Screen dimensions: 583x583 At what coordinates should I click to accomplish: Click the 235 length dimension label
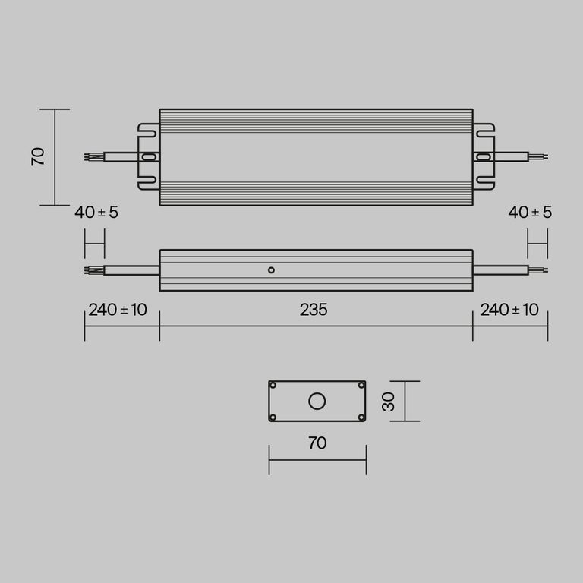pos(314,310)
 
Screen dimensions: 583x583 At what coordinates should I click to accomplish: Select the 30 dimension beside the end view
pos(389,401)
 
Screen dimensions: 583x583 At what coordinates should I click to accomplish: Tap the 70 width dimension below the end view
pos(317,443)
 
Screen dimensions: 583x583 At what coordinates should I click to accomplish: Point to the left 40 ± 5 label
pos(96,213)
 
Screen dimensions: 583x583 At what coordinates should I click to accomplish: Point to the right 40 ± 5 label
pos(530,213)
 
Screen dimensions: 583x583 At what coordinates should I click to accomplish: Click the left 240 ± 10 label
pos(118,310)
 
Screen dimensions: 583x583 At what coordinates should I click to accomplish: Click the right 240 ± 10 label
pos(509,310)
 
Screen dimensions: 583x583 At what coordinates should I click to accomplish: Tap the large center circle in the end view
pos(317,401)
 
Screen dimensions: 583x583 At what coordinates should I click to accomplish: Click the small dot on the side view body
pos(271,269)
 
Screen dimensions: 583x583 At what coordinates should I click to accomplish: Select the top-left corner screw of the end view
pos(273,386)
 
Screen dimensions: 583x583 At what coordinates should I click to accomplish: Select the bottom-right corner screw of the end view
pos(361,416)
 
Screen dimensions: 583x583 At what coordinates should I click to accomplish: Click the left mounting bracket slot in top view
pos(149,157)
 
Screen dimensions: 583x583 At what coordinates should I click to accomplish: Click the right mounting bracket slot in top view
pos(483,157)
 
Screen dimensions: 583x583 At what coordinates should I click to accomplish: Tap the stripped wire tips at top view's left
pos(93,157)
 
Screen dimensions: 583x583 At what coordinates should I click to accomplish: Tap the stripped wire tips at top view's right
pos(537,157)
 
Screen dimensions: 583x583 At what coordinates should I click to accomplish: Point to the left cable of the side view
pos(131,269)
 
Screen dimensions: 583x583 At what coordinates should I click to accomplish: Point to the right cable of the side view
pos(500,269)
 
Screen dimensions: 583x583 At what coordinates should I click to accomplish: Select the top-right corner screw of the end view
pos(361,386)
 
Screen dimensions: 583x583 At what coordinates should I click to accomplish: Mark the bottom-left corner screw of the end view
pos(273,416)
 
